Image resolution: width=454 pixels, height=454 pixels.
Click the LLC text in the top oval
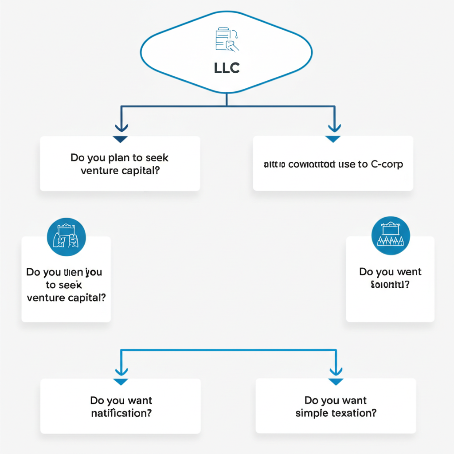(x=227, y=67)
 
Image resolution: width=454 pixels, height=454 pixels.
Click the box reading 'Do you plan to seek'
(x=120, y=164)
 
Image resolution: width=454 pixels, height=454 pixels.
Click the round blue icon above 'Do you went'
(x=390, y=236)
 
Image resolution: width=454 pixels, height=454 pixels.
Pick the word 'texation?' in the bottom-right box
(x=353, y=413)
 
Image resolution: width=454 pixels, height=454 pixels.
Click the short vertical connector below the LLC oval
(x=227, y=100)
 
